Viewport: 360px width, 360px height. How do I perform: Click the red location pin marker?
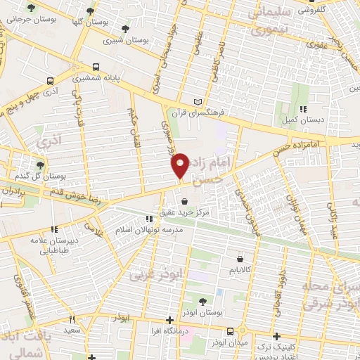click(180, 164)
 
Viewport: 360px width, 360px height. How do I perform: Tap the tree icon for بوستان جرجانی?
click(30, 8)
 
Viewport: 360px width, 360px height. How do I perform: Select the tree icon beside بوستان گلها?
click(89, 11)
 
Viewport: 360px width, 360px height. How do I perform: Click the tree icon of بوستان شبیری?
click(125, 29)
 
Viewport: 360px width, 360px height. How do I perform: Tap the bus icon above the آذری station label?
click(49, 80)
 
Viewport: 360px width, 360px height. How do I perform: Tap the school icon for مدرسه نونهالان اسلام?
click(148, 219)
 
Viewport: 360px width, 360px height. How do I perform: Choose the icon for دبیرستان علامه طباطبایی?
click(53, 229)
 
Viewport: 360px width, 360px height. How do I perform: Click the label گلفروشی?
click(331, 11)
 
